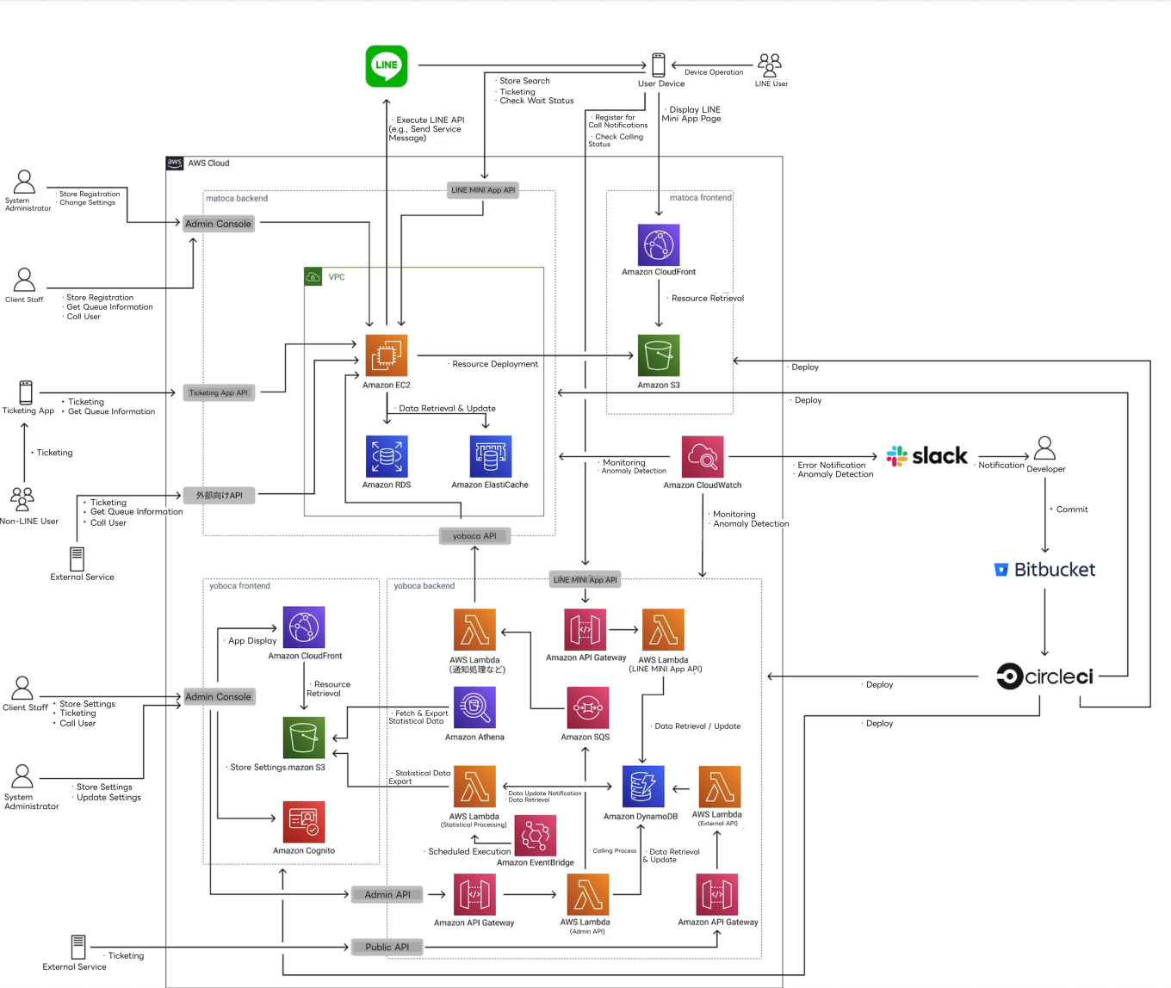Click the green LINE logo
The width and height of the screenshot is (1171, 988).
click(387, 66)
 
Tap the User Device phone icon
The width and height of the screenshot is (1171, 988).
click(659, 65)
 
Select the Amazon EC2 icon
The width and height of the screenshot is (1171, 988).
click(387, 355)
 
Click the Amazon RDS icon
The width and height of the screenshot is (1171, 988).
click(387, 456)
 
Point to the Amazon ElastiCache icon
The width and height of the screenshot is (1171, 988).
click(490, 456)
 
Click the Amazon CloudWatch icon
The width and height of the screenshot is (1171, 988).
click(703, 456)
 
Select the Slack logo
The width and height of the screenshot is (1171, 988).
click(927, 456)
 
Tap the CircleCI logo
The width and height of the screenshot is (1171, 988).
click(1045, 676)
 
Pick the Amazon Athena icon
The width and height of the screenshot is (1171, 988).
click(474, 707)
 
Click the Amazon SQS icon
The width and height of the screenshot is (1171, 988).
click(587, 707)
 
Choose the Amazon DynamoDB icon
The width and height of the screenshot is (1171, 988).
click(643, 787)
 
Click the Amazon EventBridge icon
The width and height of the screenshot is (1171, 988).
click(535, 835)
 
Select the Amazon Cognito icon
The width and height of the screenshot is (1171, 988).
click(304, 823)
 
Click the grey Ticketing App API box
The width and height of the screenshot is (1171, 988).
click(219, 392)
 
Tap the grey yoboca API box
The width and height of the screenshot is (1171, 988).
click(474, 536)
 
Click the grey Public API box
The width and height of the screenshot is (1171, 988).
click(387, 947)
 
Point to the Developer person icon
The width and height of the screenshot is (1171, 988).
click(1045, 448)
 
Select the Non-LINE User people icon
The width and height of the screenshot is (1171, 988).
click(22, 499)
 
